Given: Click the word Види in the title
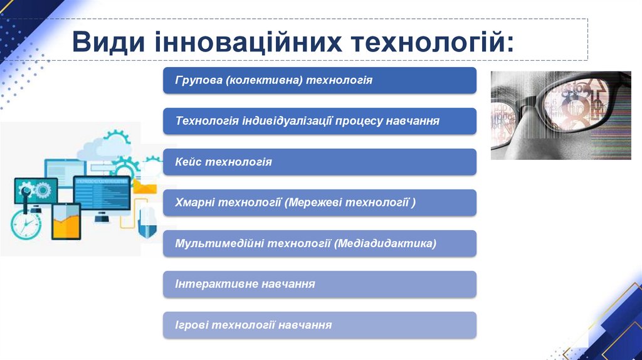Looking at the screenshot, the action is pos(108,41).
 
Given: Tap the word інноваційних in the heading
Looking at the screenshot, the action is pos(248,41).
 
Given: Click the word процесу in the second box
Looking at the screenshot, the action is pos(359,121).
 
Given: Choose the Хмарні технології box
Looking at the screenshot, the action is pos(319,203).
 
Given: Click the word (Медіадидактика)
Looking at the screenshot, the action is pos(386,243).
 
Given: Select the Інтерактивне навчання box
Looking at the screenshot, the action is pos(319,284).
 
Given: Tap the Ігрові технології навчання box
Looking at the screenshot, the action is pos(319,325).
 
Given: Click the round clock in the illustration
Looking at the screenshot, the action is pos(26,224).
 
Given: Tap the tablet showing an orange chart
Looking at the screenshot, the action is pos(66,221).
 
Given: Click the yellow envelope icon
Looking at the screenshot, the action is pos(145,187).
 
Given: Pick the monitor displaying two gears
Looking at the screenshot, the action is pos(36,191).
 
